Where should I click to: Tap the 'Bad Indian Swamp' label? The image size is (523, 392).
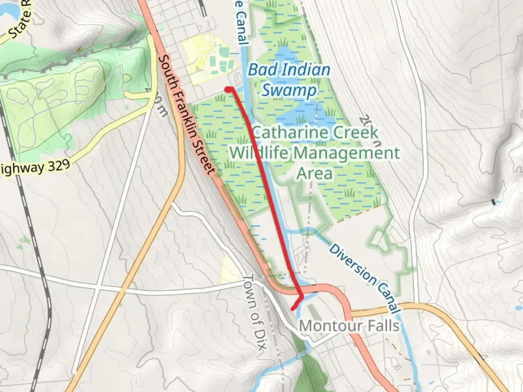coord(289,80)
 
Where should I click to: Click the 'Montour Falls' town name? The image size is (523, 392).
coord(349,326)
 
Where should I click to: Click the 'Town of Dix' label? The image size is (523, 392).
coord(256,313)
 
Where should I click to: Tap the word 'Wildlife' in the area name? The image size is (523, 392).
coord(259,153)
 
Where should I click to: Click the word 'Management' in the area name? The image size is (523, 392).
coord(346,153)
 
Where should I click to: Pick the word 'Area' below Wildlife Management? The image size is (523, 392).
coord(315,173)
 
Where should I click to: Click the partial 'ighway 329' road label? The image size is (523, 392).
coord(35,168)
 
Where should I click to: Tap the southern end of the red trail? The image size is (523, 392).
coord(293,309)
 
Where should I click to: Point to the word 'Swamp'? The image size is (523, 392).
coord(289,90)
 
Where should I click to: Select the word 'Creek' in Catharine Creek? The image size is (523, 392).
coord(356,132)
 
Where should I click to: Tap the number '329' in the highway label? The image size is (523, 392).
coord(57,166)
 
